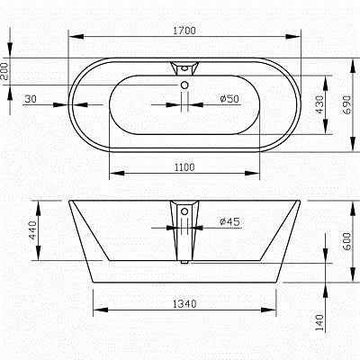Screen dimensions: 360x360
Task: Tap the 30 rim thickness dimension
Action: (x=30, y=98)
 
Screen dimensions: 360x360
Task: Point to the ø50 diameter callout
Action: (x=229, y=98)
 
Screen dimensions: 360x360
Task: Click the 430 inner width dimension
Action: (x=319, y=104)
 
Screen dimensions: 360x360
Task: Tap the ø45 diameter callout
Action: (x=229, y=220)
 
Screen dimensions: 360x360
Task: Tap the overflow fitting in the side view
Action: (x=184, y=216)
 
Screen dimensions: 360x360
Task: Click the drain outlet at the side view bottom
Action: (x=184, y=262)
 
